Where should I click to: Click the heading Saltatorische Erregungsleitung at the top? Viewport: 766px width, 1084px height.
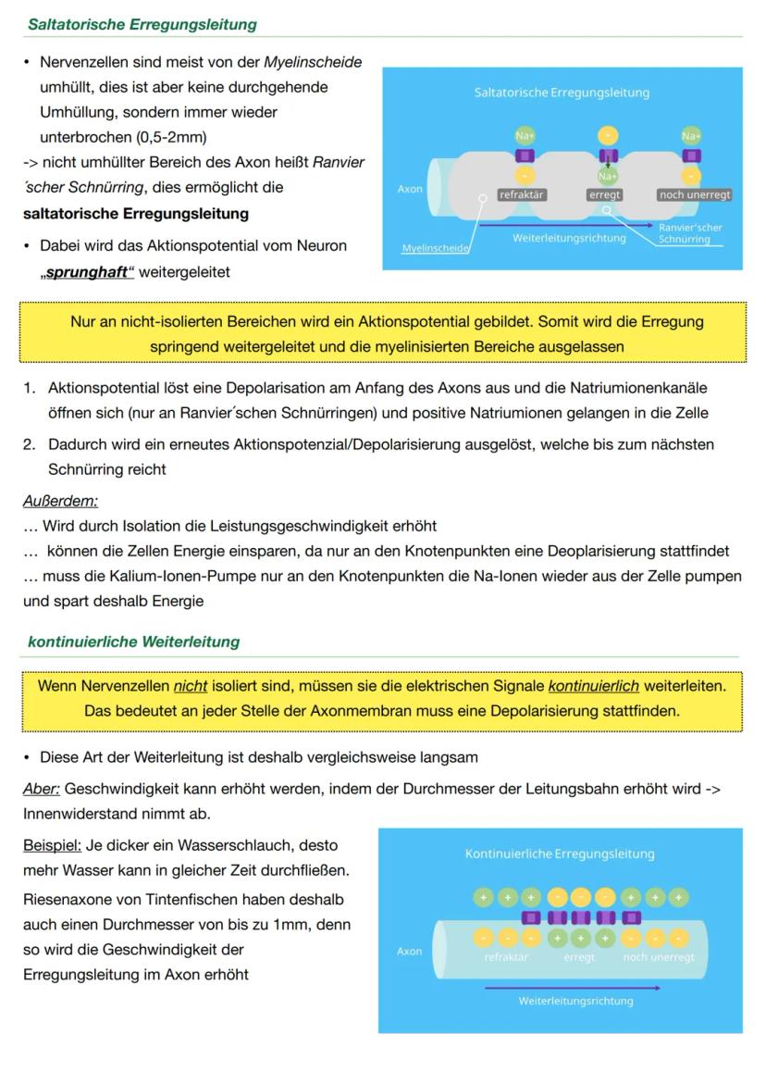coord(142,24)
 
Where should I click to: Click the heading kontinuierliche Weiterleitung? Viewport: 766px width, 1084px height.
coord(133,642)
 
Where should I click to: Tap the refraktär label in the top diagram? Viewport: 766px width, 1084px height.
coord(522,195)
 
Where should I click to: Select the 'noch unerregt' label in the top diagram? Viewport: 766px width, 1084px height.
coord(694,195)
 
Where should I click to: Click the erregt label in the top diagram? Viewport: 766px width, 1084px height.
coord(605,195)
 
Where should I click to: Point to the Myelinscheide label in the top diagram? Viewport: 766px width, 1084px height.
coord(435,248)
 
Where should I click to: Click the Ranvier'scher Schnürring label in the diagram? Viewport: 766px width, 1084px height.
coord(689,232)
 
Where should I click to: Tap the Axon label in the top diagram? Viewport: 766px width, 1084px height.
coord(410,189)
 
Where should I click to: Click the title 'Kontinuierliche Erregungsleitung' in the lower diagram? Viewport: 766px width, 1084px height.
coord(560,853)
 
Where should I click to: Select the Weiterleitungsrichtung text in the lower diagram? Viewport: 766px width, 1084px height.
coord(575,1001)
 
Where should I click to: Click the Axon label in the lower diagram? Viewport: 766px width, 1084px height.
coord(409,951)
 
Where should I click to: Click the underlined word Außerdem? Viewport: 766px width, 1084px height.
coord(60,501)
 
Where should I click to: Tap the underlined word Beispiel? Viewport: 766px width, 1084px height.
coord(52,845)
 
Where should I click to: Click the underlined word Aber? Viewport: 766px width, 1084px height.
coord(42,789)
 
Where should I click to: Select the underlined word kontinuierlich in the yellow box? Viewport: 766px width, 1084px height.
coord(593,686)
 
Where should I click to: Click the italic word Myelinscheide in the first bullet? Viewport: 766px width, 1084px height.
coord(313,62)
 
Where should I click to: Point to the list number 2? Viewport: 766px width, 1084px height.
coord(30,444)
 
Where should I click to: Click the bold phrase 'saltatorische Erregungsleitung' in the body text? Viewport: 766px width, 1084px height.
coord(136,214)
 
